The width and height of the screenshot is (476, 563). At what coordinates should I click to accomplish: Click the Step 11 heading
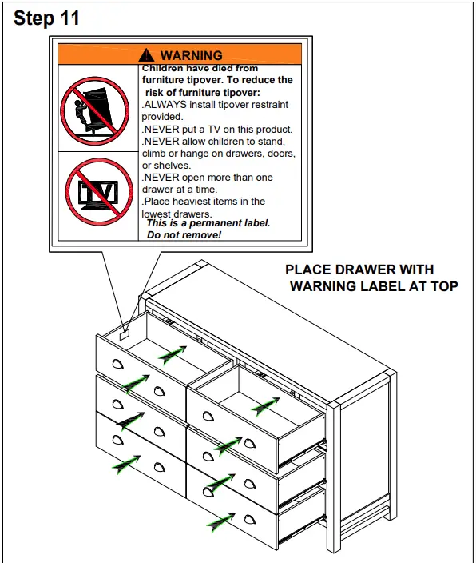coord(47,18)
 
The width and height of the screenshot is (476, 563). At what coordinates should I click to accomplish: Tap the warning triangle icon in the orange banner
coord(146,55)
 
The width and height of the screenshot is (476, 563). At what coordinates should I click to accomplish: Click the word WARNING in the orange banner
coord(191,55)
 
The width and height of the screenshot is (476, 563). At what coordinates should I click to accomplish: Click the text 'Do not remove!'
coord(184,235)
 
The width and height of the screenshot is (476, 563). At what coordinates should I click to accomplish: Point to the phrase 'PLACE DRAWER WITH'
coord(359,270)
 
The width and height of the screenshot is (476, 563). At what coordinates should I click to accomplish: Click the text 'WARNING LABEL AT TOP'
coord(373,286)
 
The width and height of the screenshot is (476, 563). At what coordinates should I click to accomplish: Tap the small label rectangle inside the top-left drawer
coord(125,336)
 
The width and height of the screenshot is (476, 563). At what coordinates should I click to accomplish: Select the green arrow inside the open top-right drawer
coord(265,407)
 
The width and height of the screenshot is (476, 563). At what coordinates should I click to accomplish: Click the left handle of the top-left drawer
coord(118,364)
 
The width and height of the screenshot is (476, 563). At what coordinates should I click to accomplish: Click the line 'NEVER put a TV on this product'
coord(217,129)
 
